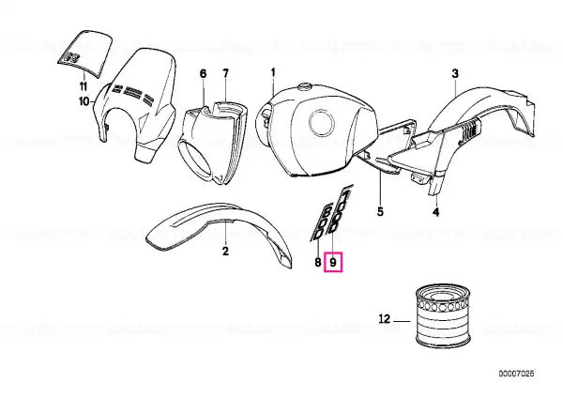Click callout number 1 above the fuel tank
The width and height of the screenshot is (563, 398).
point(273,72)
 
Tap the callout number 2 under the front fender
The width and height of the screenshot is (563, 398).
point(225,251)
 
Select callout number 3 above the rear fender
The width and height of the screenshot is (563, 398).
point(455,74)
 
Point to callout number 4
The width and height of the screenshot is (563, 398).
point(435,212)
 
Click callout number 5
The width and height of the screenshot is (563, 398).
point(380,211)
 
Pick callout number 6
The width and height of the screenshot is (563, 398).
point(204,73)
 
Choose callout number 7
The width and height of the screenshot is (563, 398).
point(225,73)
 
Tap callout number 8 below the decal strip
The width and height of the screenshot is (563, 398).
point(318,263)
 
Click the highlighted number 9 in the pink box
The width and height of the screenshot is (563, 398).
point(333,263)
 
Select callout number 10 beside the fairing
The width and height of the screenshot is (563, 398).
point(84,101)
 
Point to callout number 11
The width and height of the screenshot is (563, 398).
point(83,86)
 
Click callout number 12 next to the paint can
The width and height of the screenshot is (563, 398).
point(384,318)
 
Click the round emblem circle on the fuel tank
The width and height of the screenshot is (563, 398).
point(322,123)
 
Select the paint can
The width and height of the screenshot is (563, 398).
point(443,315)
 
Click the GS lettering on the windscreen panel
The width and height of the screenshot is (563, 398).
point(69,57)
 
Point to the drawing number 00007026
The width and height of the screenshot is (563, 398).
point(516,374)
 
